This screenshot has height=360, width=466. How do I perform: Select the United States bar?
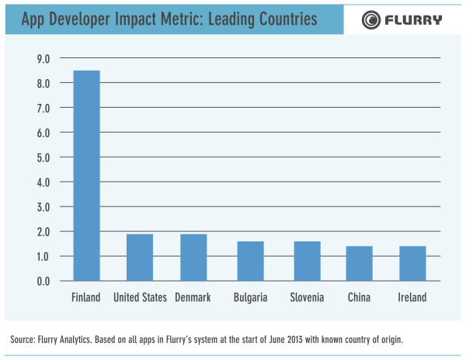140,257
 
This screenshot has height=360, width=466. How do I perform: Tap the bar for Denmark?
193,257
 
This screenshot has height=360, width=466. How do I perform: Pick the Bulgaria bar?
250,261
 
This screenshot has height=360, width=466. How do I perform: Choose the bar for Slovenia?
306,261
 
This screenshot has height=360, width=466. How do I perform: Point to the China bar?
359,263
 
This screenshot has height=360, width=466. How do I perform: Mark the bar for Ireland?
412,263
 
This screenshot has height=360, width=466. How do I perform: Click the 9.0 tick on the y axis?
43,58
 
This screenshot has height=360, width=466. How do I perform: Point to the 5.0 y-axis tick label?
43,157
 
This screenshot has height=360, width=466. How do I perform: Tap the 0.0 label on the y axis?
43,281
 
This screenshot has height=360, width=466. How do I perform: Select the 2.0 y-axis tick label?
43,231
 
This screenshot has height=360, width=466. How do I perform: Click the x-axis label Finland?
86,298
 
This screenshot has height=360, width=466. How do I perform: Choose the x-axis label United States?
140,298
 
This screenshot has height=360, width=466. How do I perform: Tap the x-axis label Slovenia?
307,298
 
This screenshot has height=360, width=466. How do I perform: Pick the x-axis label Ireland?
412,298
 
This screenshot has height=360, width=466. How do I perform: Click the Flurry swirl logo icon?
372,19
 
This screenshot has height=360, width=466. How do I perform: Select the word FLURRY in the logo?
413,19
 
